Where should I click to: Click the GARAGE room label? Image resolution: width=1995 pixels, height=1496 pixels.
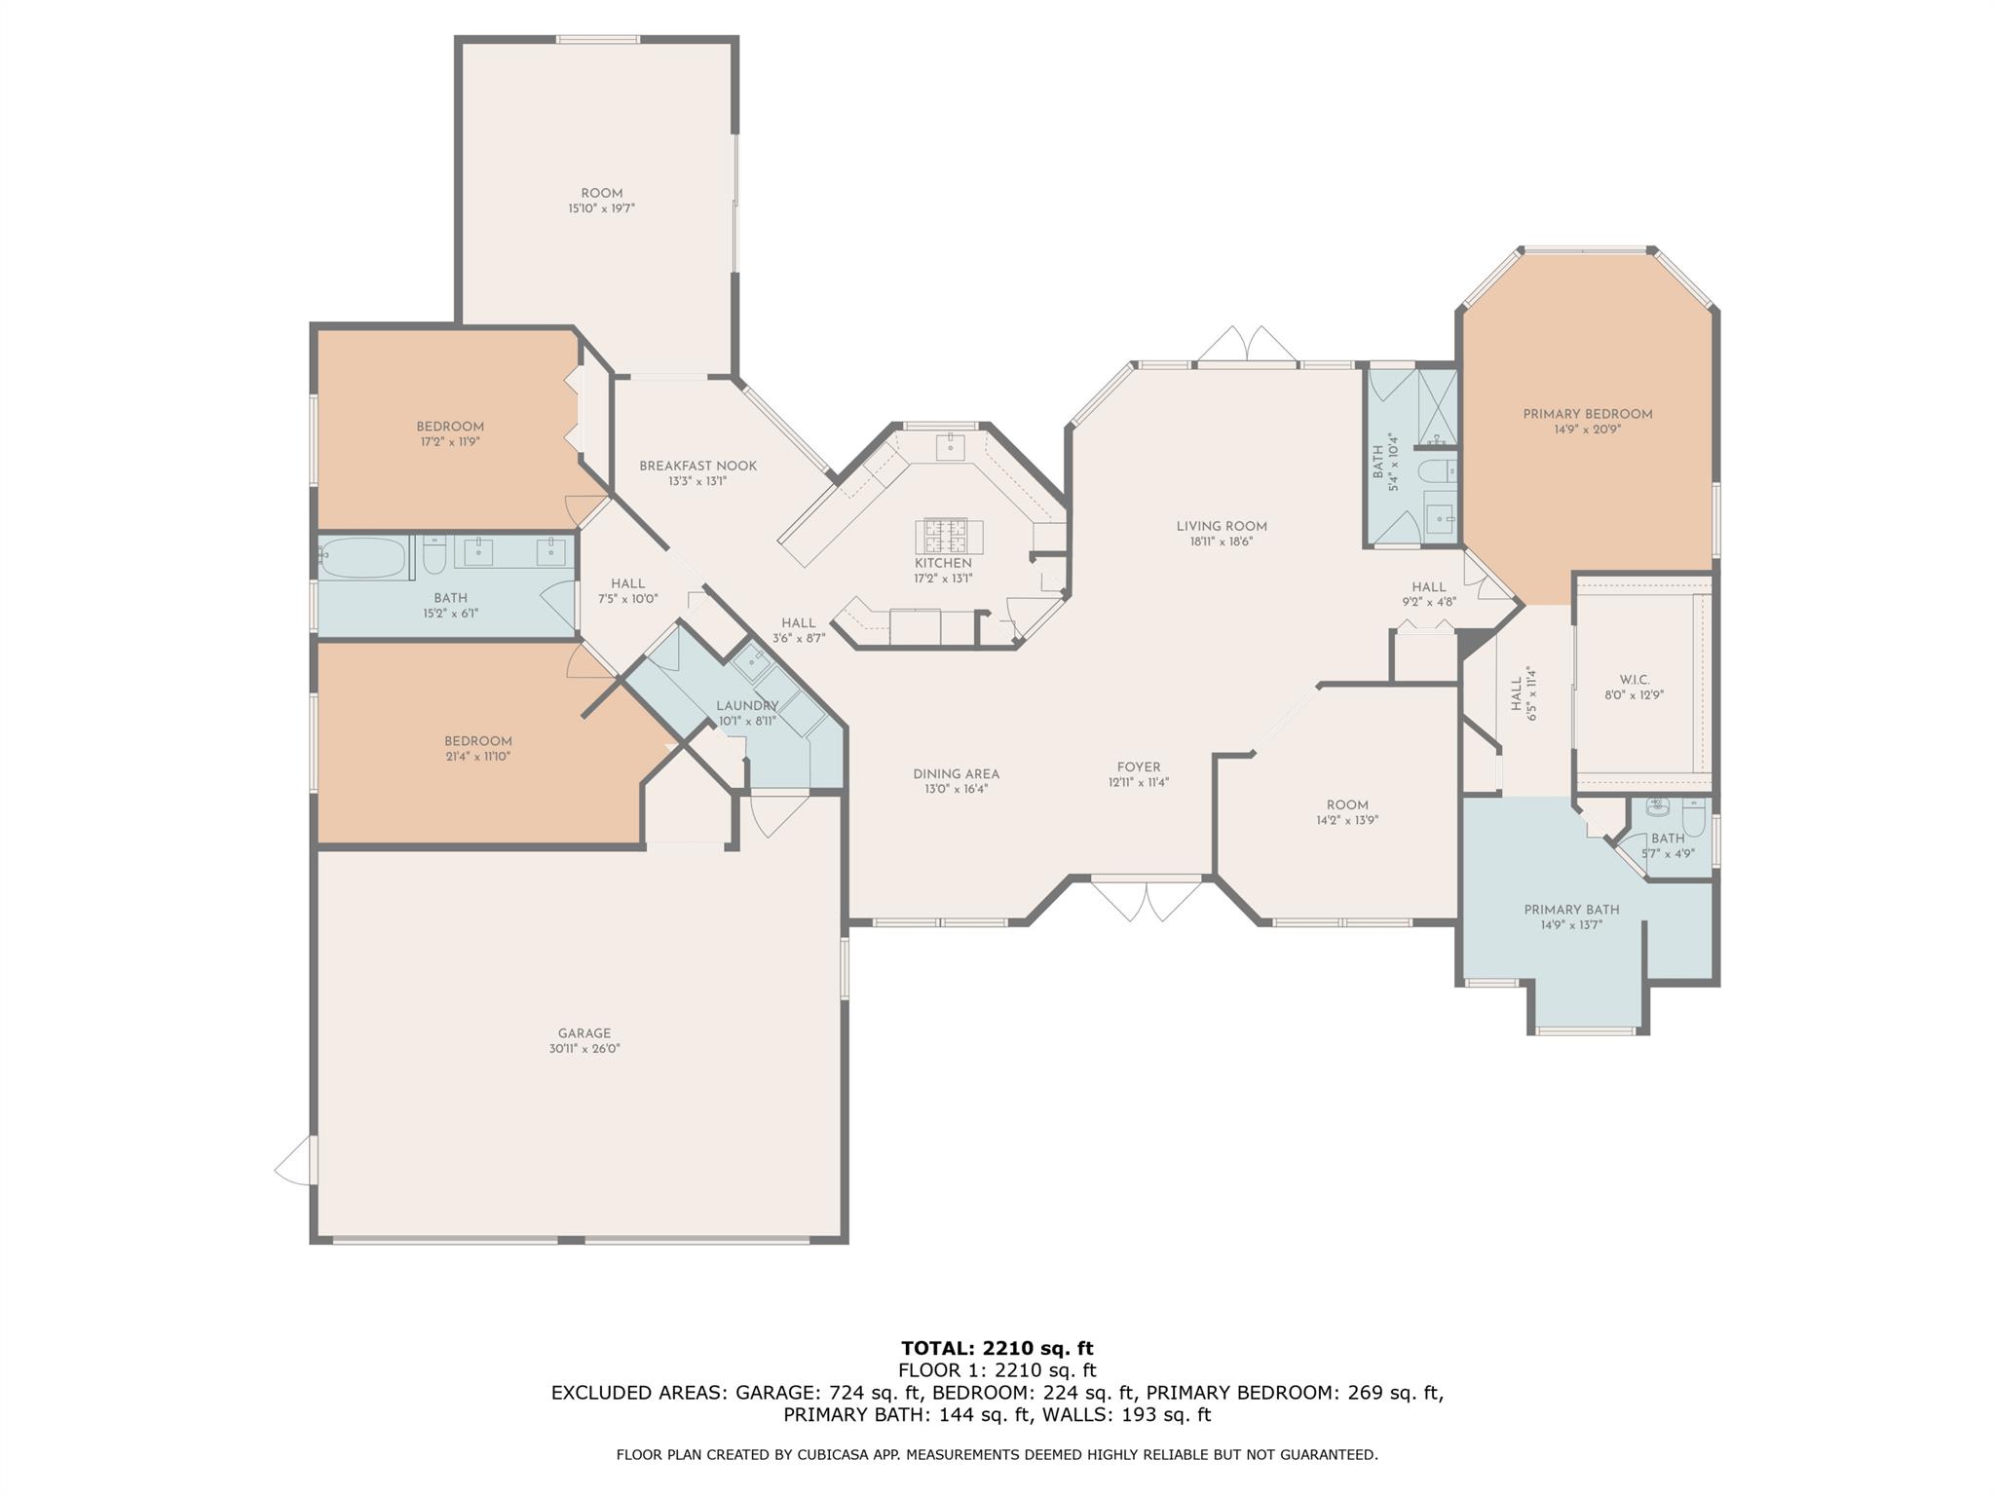[x=584, y=1033]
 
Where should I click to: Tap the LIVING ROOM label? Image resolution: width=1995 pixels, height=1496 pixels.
[x=1222, y=526]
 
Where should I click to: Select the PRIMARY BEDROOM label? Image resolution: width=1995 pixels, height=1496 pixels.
[x=1588, y=414]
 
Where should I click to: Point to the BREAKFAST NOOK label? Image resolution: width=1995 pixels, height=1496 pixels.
[x=697, y=466]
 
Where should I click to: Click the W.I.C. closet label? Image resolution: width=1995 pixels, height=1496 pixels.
[x=1634, y=680]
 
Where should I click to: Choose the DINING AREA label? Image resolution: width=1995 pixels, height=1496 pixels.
[x=957, y=774]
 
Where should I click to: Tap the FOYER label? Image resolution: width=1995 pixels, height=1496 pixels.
[x=1139, y=767]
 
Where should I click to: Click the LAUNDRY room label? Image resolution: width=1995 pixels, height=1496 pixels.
[x=747, y=706]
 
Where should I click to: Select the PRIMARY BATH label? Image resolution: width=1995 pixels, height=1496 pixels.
[x=1571, y=910]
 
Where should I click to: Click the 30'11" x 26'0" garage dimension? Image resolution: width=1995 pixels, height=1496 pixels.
[x=584, y=1049]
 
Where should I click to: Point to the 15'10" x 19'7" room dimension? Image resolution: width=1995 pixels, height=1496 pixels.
[x=602, y=208]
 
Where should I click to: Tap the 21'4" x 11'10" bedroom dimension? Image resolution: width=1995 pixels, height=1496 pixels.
[x=478, y=756]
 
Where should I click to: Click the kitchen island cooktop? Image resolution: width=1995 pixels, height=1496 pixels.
[x=949, y=536]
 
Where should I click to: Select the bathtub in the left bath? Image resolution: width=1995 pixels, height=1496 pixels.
[x=361, y=558]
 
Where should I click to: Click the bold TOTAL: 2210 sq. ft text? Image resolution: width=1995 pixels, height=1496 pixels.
[x=997, y=1348]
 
